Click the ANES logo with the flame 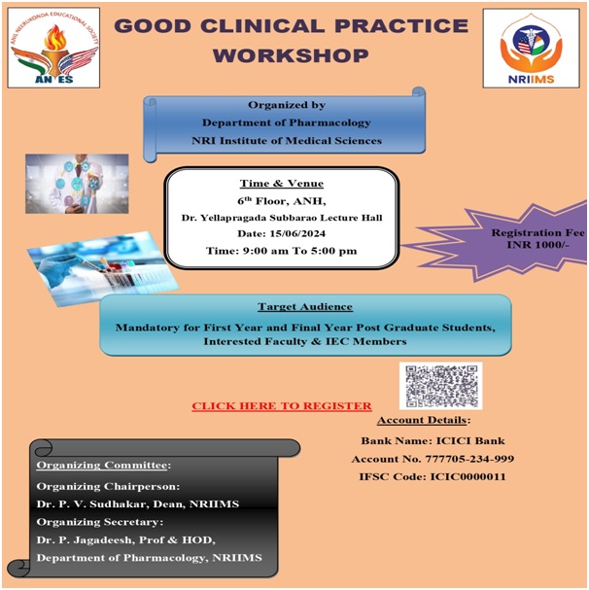click(x=53, y=48)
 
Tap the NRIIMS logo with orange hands click(x=531, y=49)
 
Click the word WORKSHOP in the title click(x=291, y=55)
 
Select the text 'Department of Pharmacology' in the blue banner click(x=287, y=122)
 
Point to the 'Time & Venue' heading click(x=282, y=184)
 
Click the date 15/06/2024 click(x=297, y=233)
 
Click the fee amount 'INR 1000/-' click(x=537, y=245)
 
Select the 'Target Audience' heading click(x=305, y=307)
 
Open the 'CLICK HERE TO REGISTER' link click(x=282, y=406)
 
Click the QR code click(x=440, y=386)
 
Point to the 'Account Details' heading click(x=422, y=420)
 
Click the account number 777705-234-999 click(x=469, y=459)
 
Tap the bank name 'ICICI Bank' click(x=470, y=440)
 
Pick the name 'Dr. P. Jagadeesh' click(x=85, y=540)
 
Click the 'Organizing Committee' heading click(x=102, y=465)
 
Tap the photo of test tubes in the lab click(x=102, y=268)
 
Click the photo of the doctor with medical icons click(x=77, y=184)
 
